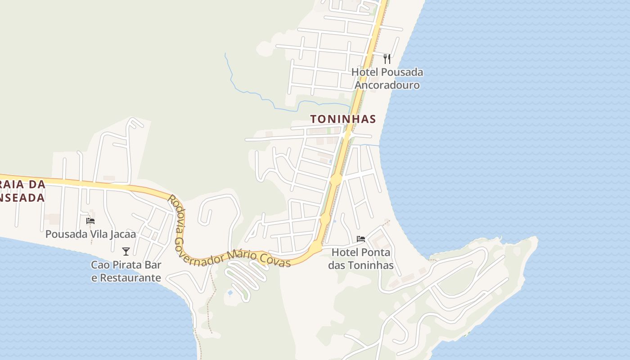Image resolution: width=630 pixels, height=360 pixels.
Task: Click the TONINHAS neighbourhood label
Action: [x=343, y=119]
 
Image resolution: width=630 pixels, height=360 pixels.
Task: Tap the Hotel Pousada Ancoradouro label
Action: [x=387, y=79]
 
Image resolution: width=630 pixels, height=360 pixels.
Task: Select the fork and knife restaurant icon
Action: [x=387, y=58]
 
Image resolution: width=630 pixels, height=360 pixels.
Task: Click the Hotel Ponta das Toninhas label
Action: [x=361, y=259]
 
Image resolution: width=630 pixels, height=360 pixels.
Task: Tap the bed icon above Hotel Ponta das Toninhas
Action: [x=361, y=238]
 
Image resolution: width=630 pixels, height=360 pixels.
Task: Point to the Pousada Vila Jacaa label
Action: [x=90, y=234]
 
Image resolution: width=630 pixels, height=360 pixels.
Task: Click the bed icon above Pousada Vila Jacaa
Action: [x=90, y=221]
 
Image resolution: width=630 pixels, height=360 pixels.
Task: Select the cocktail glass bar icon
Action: [x=126, y=251]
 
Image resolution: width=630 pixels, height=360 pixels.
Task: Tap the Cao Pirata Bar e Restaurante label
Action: [x=126, y=271]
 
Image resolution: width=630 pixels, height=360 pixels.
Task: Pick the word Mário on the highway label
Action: [x=243, y=256]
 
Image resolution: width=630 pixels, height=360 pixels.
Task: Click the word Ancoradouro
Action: [x=387, y=85]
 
